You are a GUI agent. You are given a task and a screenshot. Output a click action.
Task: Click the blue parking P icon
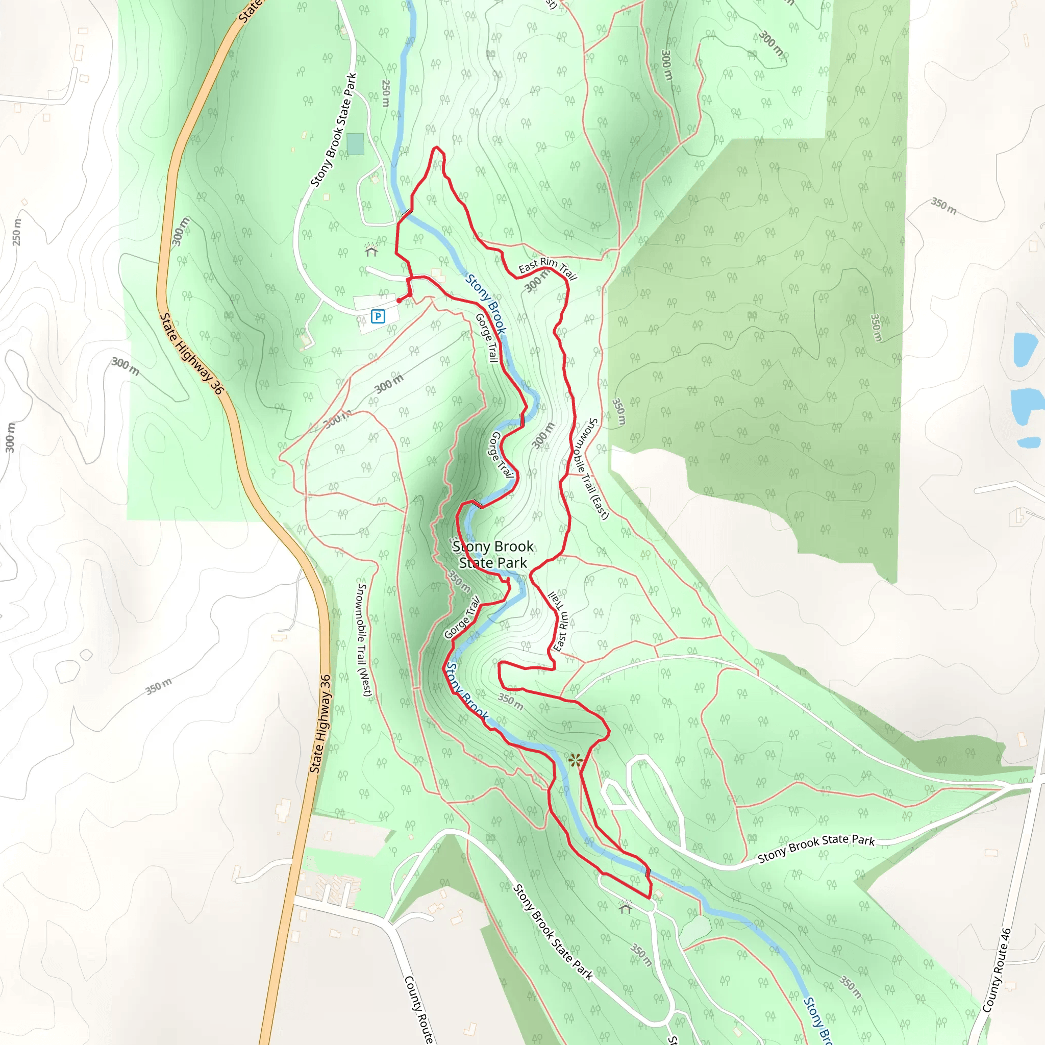point(378,316)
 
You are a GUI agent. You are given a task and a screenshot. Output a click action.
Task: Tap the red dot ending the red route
point(399,301)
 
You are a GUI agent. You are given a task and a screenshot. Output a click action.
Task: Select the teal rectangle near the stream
point(355,144)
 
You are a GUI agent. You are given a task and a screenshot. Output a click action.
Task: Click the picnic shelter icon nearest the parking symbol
point(371,250)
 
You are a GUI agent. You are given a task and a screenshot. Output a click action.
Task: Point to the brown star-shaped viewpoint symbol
point(576,760)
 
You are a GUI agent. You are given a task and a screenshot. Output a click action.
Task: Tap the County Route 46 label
point(997,971)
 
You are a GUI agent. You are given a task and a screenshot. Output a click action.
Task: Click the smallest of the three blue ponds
point(1028,443)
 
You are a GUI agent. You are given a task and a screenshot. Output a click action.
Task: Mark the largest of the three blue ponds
point(1026,406)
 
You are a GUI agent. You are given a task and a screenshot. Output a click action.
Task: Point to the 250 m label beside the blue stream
point(386,93)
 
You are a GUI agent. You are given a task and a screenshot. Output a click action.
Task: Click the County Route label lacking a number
point(418,1009)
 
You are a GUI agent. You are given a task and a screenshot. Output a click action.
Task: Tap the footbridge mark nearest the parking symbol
point(406,214)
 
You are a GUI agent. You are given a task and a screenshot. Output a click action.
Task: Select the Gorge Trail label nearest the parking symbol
point(486,337)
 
